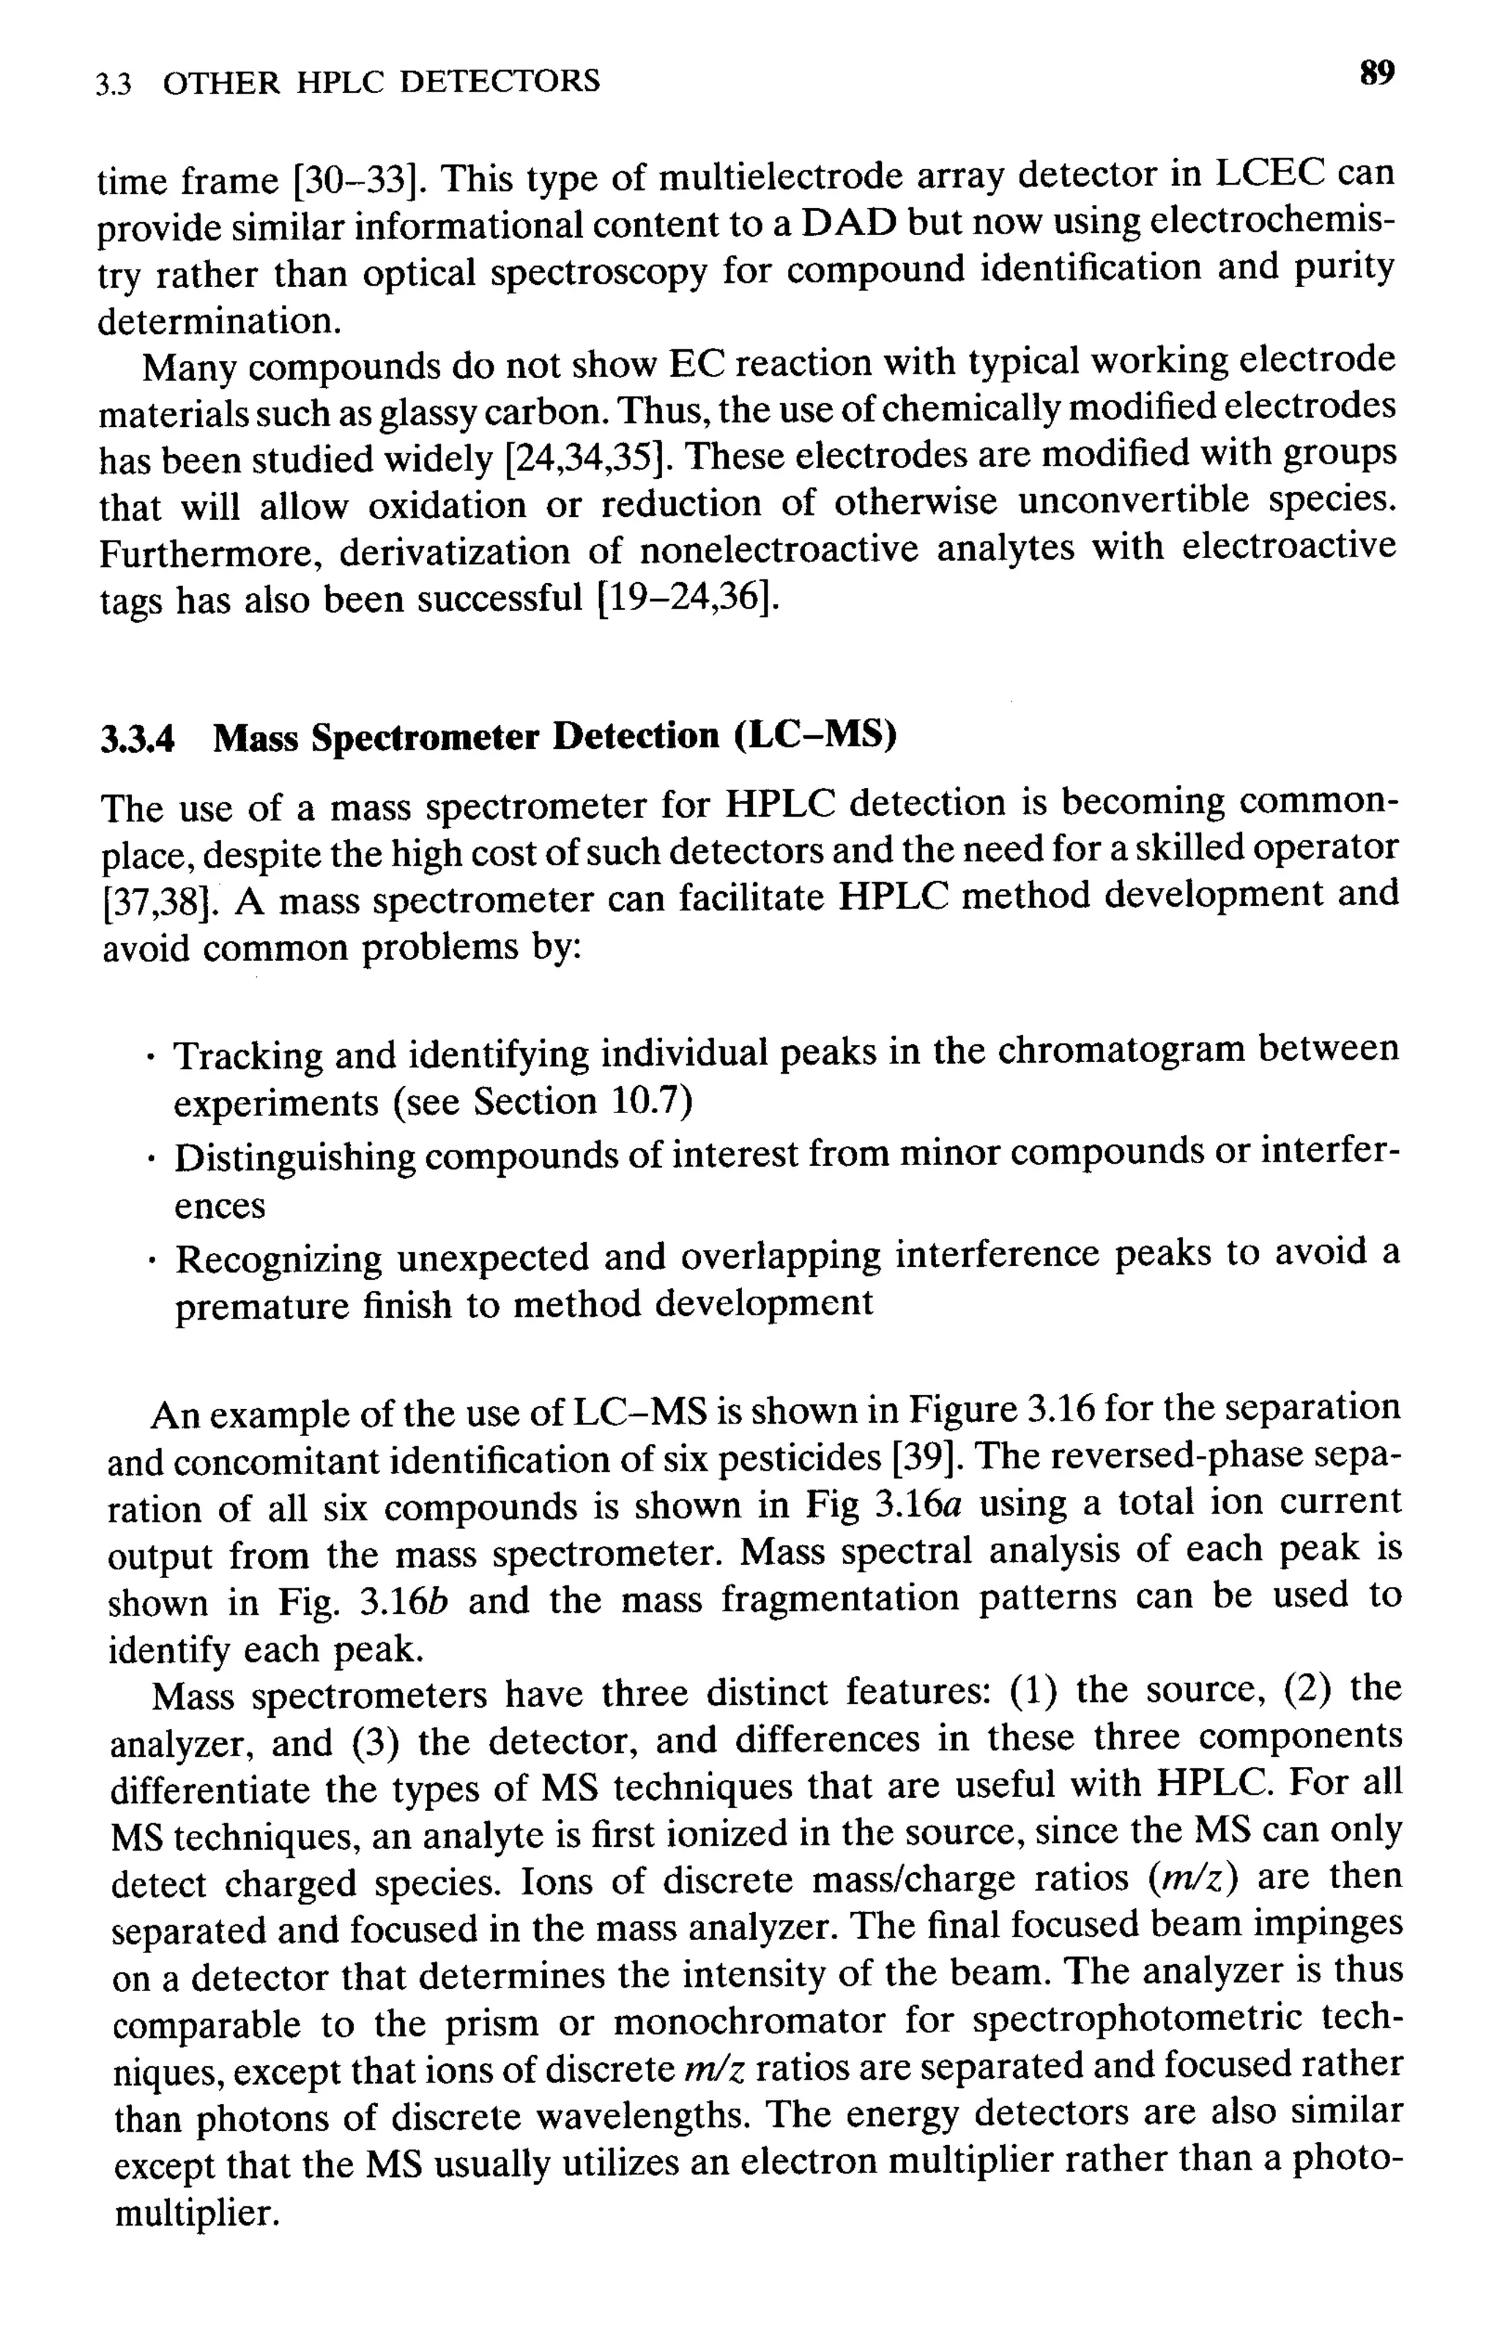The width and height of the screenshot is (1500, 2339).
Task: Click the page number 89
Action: point(1376,74)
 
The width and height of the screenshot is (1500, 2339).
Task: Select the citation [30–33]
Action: point(355,180)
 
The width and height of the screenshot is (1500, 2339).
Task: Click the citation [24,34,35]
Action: point(584,457)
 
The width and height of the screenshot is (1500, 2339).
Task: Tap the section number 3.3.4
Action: point(138,739)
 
